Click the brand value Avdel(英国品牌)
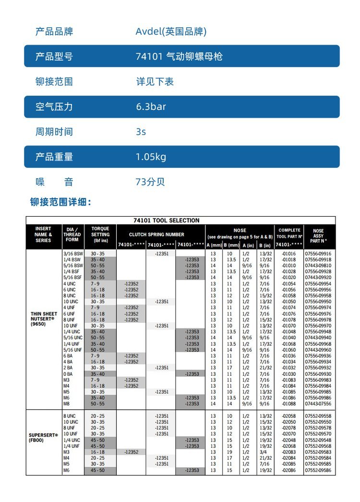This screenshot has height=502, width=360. click(x=171, y=32)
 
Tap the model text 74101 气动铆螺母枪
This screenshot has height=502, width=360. click(x=179, y=57)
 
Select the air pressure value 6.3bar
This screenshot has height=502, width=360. click(x=151, y=107)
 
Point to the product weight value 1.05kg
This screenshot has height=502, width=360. click(x=151, y=157)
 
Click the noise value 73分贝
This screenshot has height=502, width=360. click(x=150, y=182)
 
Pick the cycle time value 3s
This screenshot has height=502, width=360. click(x=141, y=132)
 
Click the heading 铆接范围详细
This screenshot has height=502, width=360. click(x=60, y=202)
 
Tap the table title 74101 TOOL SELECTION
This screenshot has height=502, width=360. click(x=166, y=220)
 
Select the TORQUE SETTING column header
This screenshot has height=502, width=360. click(x=100, y=234)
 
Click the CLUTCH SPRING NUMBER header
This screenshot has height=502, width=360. click(x=156, y=234)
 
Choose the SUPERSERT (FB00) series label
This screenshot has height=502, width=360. click(x=43, y=437)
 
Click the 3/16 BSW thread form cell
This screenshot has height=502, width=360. click(x=73, y=253)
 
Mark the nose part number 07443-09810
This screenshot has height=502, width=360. click(x=318, y=265)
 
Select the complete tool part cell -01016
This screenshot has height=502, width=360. click(x=289, y=253)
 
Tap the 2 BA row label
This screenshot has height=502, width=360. click(x=68, y=367)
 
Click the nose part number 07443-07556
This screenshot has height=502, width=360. click(x=318, y=404)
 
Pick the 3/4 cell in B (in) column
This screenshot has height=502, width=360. click(x=264, y=452)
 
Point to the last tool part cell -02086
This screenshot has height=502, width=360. click(x=289, y=470)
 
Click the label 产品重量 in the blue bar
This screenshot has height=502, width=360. click(x=54, y=157)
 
